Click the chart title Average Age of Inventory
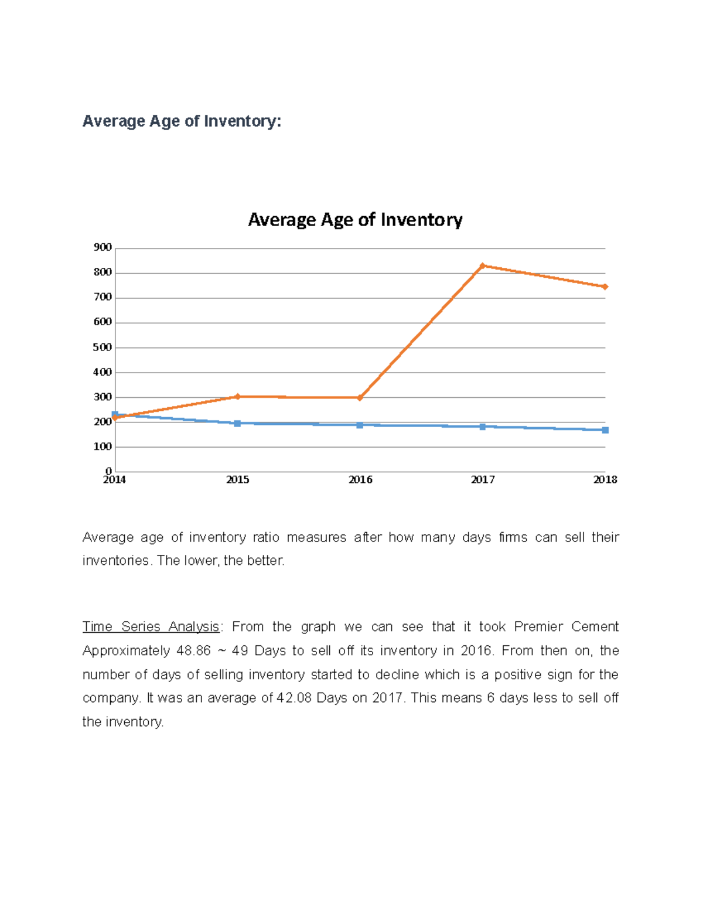pos(355,220)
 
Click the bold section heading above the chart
pos(182,121)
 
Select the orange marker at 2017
pos(482,266)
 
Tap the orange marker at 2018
pos(605,287)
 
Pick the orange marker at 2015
pos(237,397)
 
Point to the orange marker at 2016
pos(360,398)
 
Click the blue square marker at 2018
pos(605,430)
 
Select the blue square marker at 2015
pos(237,423)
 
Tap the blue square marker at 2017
pos(482,427)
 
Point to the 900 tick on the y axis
pos(103,247)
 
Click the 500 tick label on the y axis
pos(103,347)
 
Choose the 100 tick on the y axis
pos(103,447)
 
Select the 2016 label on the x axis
pos(360,480)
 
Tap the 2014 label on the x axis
pos(114,480)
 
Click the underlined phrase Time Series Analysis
pos(151,627)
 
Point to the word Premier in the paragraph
pos(538,627)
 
